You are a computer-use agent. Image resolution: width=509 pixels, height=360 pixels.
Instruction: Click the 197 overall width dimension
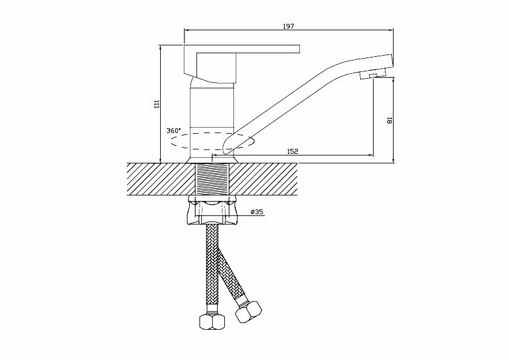pos(288,26)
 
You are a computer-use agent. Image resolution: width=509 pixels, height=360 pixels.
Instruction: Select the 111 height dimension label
pos(157,103)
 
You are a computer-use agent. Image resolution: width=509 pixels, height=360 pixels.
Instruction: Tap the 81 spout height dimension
pos(390,120)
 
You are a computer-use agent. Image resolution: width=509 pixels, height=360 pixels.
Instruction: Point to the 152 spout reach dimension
pos(293,151)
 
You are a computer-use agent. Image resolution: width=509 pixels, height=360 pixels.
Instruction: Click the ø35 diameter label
pos(257,212)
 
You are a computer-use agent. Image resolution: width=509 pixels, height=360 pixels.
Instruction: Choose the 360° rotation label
pos(173,131)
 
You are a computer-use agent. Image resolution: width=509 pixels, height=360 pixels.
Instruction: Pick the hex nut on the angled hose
pos(248,312)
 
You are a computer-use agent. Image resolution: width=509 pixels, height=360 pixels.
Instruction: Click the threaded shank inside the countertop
pos(212,179)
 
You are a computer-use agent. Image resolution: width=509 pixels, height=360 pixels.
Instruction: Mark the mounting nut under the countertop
pos(213,210)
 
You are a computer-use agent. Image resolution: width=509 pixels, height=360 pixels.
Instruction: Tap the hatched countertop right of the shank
pos(264,179)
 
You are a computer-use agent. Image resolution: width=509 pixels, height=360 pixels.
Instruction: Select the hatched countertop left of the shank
pos(161,179)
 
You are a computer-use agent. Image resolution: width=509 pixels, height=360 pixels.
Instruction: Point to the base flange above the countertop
pos(213,160)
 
